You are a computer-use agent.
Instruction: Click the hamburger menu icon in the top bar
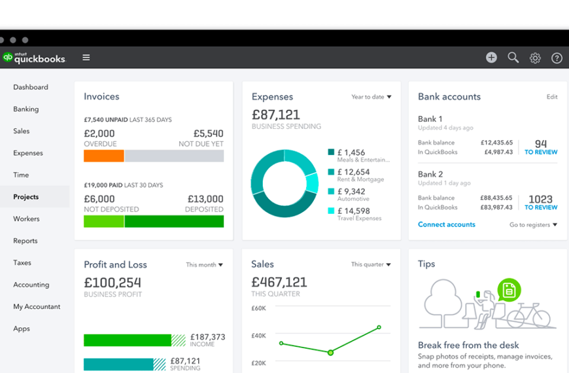pos(86,58)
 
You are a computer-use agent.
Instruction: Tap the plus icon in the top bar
pos(491,58)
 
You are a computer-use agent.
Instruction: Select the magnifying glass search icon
pos(513,58)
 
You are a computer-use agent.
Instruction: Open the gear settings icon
pos(535,58)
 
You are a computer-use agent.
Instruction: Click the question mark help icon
pos(557,58)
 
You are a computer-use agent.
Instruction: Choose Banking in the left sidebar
pos(26,109)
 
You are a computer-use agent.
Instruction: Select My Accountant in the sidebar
pos(37,306)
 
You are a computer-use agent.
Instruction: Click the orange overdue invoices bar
pos(104,156)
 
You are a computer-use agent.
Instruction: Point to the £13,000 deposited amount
pos(205,199)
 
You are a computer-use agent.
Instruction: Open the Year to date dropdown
pos(371,97)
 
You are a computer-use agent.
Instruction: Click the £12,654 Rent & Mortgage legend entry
pos(356,175)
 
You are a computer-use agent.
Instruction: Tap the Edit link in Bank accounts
pos(552,97)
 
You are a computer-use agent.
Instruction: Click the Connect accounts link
pos(447,224)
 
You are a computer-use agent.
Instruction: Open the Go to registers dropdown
pos(533,224)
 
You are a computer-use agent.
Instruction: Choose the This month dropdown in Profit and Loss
pos(204,265)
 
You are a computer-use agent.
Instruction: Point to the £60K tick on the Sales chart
pos(259,308)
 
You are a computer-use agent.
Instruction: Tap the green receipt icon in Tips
pos(508,289)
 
